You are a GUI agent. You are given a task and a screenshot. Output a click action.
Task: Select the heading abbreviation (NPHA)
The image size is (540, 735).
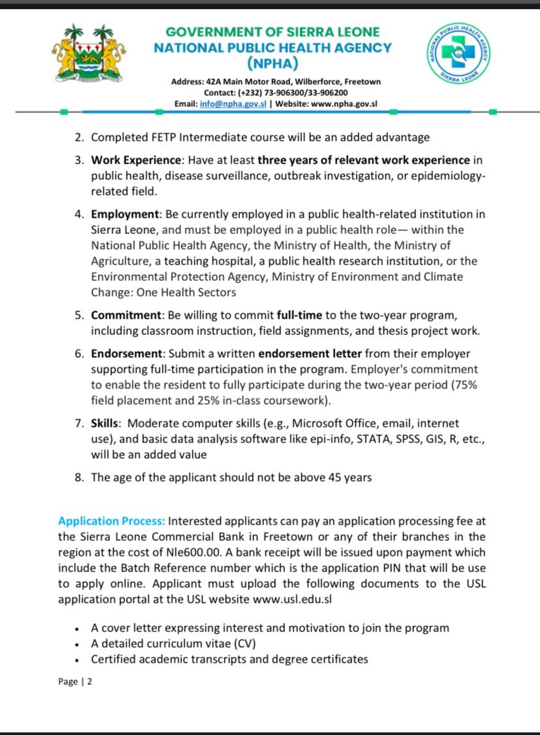coord(273,63)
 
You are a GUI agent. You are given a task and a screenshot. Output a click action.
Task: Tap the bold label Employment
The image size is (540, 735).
coord(125,214)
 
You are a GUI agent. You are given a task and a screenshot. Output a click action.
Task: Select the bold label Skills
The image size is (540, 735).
coord(106,424)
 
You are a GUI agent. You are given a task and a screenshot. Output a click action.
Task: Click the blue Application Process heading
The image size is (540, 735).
coord(112,521)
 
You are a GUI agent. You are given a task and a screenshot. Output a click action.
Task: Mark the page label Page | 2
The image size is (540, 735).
coord(76,682)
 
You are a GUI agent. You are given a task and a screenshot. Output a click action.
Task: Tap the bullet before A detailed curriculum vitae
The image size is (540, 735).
coord(78,644)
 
